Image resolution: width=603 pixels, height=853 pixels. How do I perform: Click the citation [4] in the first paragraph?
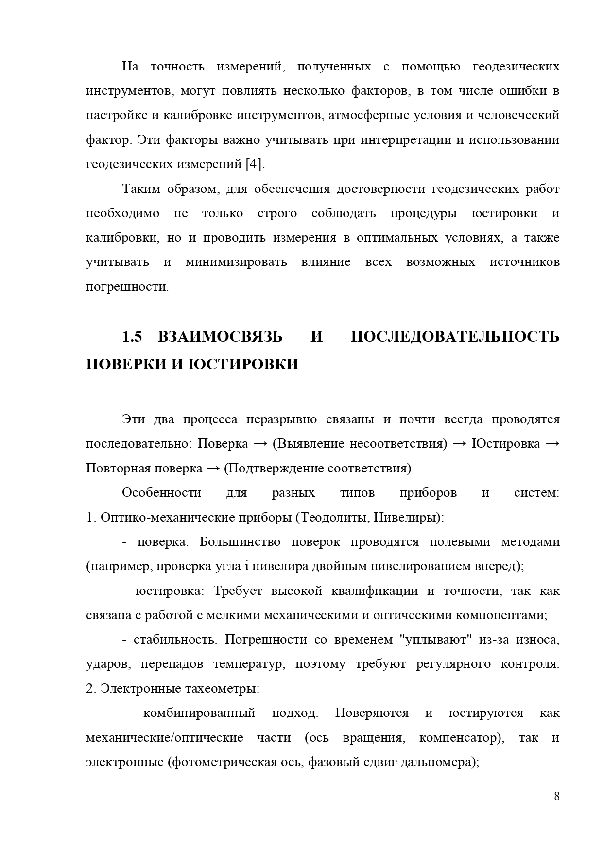click(x=255, y=164)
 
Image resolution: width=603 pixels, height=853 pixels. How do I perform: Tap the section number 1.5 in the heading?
click(x=132, y=337)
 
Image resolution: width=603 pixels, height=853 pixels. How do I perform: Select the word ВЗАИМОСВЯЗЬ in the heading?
click(x=220, y=337)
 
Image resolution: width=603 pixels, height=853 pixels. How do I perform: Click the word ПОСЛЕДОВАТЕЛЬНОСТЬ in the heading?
click(x=455, y=337)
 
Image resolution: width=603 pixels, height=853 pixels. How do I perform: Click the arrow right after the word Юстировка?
click(x=552, y=444)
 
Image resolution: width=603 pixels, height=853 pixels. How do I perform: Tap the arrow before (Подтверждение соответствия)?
click(x=213, y=469)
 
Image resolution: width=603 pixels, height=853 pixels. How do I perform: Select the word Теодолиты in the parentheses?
click(x=332, y=517)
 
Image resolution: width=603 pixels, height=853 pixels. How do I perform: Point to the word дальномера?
click(x=437, y=762)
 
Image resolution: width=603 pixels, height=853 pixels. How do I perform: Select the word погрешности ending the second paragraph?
click(x=127, y=287)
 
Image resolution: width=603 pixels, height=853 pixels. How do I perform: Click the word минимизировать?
click(x=236, y=262)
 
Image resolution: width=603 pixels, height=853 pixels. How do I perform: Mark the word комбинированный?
click(x=199, y=713)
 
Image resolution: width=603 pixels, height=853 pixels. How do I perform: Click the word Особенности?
click(x=161, y=493)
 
